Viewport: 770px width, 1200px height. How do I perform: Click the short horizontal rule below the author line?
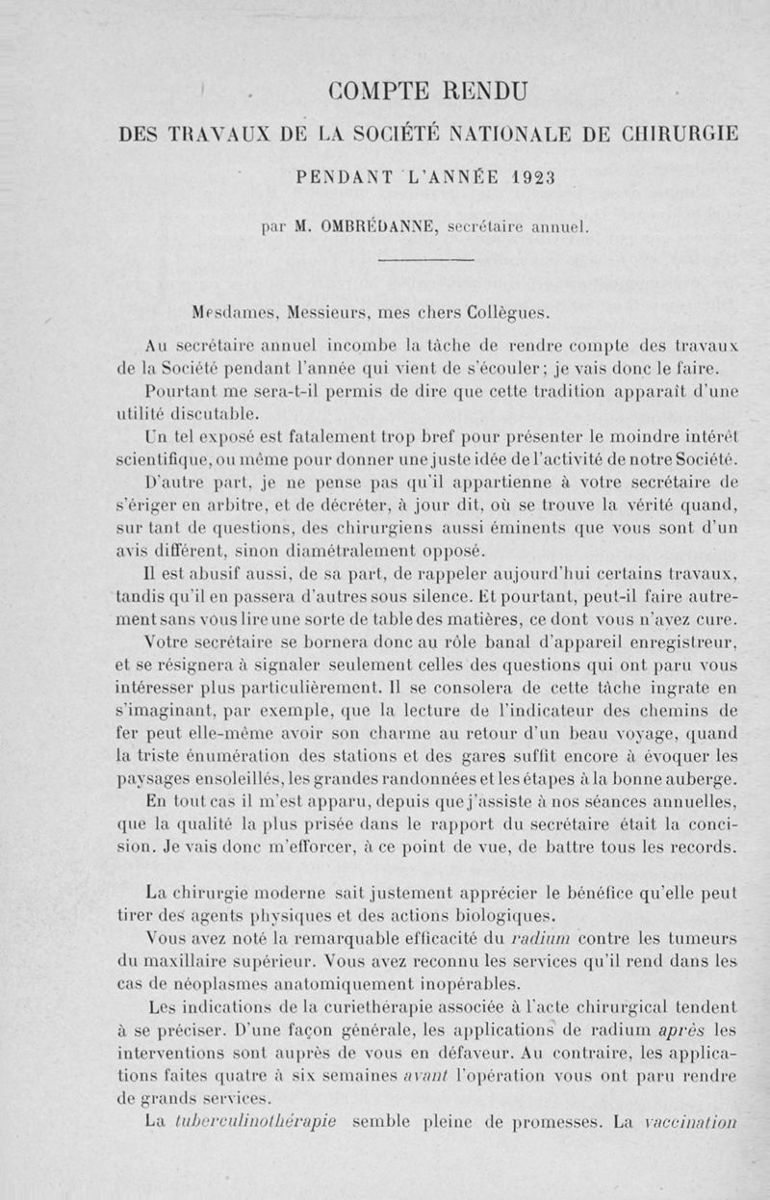(x=425, y=260)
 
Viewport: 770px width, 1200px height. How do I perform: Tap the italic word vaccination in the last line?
(x=691, y=1122)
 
